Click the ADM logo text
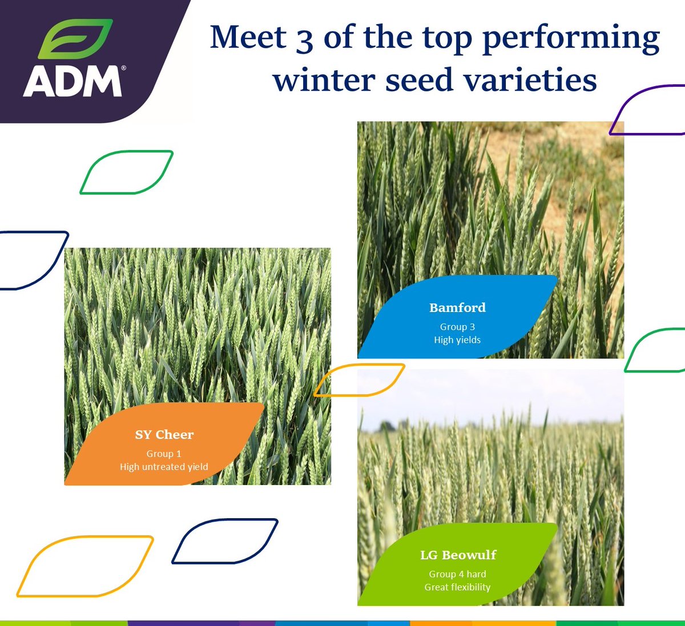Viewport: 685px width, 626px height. (73, 81)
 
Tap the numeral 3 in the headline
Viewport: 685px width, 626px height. (304, 39)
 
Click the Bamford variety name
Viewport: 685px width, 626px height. (457, 308)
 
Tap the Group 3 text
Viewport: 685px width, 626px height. (457, 327)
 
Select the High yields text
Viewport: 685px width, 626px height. (457, 340)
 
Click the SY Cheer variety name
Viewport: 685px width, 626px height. (164, 435)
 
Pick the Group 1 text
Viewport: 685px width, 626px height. (164, 454)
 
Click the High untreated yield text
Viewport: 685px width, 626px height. (164, 467)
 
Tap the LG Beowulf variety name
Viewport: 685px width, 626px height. (458, 555)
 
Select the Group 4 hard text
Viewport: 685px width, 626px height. (457, 574)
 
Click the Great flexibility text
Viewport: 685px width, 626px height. (457, 587)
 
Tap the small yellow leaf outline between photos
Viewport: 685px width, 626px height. (359, 380)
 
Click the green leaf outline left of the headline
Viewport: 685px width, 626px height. (126, 172)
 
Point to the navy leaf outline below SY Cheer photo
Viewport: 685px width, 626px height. (225, 541)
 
